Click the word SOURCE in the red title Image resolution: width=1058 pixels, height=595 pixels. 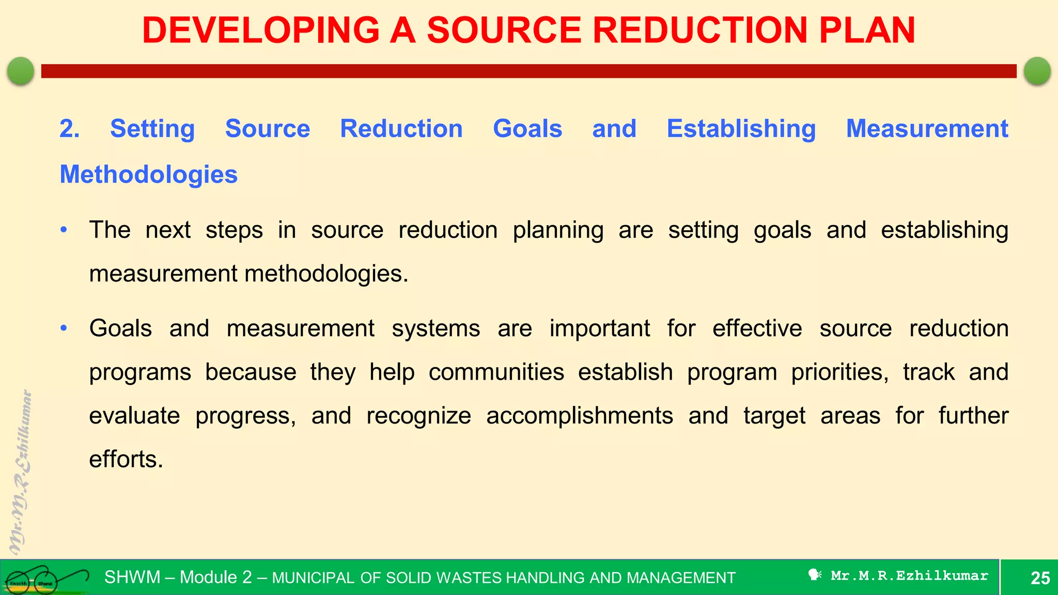click(504, 30)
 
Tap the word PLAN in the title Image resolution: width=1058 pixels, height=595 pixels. click(867, 30)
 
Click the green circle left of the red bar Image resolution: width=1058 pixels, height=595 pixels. click(21, 71)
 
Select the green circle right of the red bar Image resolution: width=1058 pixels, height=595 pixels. click(1037, 71)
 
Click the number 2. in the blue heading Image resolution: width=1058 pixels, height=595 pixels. click(69, 129)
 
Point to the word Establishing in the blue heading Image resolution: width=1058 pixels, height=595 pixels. click(741, 129)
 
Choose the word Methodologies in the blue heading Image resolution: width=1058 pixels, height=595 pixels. click(149, 175)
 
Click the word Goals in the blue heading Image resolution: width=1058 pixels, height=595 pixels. click(527, 129)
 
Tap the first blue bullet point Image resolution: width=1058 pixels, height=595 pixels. click(64, 230)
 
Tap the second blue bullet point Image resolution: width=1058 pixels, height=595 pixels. click(64, 328)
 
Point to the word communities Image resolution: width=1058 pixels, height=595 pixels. click(496, 372)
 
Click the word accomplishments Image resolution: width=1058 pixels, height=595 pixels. click(579, 416)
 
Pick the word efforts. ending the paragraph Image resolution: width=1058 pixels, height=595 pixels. click(126, 459)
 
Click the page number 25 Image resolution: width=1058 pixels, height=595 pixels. click(1040, 577)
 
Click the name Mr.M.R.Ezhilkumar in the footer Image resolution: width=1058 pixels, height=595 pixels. click(909, 575)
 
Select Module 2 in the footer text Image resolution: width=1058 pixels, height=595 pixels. click(215, 577)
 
